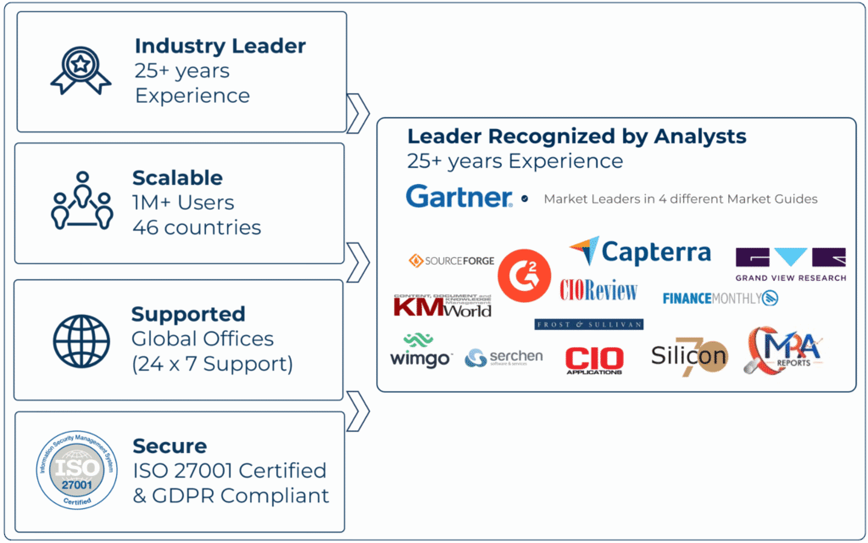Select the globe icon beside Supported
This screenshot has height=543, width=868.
click(81, 339)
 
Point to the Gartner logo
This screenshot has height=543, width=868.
click(459, 197)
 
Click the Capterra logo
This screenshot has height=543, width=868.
click(640, 251)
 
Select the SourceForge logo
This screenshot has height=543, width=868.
click(451, 260)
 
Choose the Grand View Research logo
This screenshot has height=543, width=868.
click(790, 264)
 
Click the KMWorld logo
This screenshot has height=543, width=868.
click(442, 305)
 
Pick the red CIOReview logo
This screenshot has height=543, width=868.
click(598, 290)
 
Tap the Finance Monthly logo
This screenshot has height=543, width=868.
click(720, 298)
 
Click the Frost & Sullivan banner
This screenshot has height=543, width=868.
click(588, 324)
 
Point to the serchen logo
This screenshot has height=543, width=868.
click(504, 358)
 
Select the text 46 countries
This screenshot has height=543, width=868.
click(197, 227)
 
